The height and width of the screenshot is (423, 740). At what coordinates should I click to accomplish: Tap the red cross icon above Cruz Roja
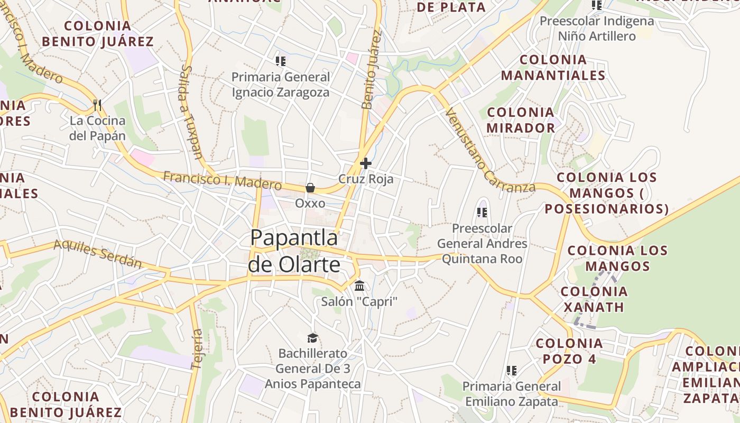365,163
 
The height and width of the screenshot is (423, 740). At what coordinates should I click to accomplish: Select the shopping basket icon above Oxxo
310,188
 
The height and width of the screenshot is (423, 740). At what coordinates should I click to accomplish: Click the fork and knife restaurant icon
97,105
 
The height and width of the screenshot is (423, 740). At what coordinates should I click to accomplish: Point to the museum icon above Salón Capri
359,286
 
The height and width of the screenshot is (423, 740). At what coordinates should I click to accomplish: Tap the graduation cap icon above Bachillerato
312,338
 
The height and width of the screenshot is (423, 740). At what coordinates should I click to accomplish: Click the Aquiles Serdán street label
98,253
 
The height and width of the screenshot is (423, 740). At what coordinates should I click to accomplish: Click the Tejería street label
197,349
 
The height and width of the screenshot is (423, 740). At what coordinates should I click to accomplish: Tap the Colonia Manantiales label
553,68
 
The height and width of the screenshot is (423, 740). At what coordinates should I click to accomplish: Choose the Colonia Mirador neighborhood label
521,120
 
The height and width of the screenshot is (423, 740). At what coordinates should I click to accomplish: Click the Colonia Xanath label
594,299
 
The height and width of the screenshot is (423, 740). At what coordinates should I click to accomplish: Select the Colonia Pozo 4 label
569,351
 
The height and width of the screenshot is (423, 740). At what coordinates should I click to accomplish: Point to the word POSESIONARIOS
607,209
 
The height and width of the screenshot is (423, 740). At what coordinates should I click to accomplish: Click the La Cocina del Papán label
98,128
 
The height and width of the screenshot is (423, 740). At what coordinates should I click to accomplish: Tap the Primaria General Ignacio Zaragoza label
281,85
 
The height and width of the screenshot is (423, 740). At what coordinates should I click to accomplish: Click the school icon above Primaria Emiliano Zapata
511,371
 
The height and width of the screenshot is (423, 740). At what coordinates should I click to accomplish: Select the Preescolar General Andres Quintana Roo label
482,244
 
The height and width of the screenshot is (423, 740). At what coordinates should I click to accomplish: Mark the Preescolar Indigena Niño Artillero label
597,29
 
